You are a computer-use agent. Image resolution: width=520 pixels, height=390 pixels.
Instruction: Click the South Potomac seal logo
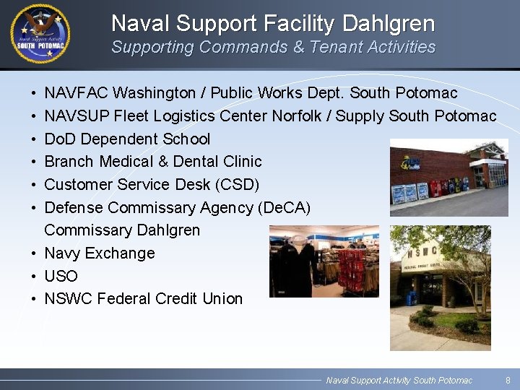40,34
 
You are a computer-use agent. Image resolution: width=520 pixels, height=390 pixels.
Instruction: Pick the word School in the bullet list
186,139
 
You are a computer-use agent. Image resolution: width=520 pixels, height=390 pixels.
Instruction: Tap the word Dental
196,162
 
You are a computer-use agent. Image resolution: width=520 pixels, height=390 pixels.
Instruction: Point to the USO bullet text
61,276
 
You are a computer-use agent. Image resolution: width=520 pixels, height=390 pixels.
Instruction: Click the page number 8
508,380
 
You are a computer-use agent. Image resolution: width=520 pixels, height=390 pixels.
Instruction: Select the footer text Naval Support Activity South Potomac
399,380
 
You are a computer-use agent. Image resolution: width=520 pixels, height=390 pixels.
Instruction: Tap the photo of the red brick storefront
448,178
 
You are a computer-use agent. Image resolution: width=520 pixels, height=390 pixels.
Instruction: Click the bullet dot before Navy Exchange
35,253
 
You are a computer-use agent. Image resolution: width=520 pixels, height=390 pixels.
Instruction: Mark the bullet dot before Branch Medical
35,162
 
